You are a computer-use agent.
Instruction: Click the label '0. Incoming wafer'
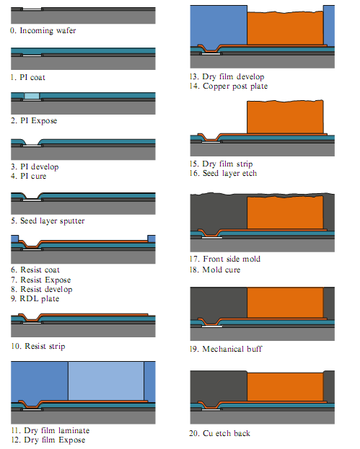43,31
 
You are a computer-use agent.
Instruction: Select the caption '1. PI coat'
28,77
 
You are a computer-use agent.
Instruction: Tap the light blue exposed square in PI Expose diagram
32,96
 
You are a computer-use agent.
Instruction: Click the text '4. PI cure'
28,176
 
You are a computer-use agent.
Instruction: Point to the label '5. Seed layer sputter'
48,221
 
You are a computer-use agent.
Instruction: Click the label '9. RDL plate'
35,298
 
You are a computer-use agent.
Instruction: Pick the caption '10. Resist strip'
38,346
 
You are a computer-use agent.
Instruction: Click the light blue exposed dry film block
106,381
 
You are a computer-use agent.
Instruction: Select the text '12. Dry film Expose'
48,440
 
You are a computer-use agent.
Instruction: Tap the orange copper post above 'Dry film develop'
285,28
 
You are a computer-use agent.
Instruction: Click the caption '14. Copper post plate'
229,86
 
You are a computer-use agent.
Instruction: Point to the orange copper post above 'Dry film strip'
285,117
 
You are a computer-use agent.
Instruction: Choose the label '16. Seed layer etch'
223,173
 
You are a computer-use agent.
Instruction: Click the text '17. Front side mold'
224,259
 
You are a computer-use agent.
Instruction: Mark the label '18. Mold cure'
215,270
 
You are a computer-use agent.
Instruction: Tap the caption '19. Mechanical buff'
226,349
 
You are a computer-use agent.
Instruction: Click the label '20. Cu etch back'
219,433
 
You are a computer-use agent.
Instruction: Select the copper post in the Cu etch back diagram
285,387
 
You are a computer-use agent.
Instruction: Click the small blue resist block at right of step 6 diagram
152,239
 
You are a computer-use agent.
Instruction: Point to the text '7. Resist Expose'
40,280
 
